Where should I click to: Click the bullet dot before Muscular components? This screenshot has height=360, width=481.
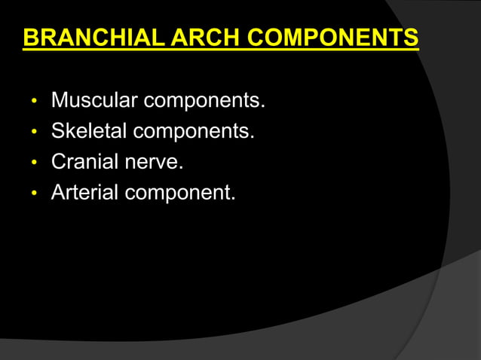(33, 101)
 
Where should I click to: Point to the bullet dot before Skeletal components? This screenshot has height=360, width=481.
(33, 133)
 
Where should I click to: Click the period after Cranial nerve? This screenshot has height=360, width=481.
(182, 168)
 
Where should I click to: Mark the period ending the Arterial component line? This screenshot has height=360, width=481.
(233, 199)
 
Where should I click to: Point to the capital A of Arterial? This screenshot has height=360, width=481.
(58, 193)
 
